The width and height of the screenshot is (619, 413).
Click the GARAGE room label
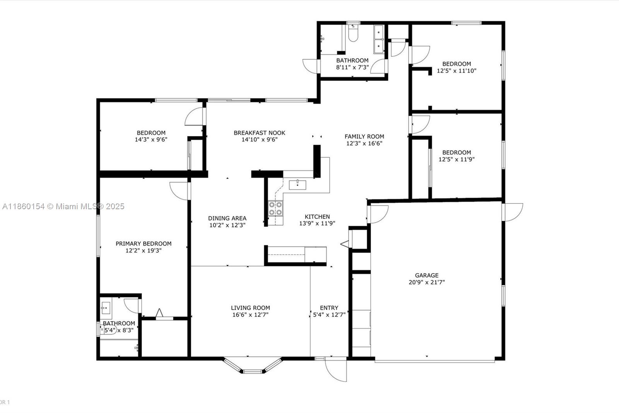pos(427,275)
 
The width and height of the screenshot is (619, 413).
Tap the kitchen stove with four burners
pos(275,208)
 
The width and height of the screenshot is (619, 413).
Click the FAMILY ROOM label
pos(364,136)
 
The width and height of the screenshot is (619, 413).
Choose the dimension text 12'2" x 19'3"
pos(143,251)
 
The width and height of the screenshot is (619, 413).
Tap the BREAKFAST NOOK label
pos(259,133)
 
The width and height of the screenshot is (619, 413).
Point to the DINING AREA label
pos(227,218)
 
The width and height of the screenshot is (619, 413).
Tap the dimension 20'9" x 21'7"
pos(427,282)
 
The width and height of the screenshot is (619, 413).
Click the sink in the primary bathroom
pos(105,308)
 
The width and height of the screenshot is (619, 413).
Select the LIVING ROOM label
pos(250,308)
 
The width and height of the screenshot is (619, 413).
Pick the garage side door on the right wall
pos(513,212)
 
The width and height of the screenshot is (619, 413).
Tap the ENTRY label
pos(329,308)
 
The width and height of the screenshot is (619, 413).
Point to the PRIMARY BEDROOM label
pos(143,244)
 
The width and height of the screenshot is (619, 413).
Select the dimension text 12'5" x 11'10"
pos(457,71)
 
